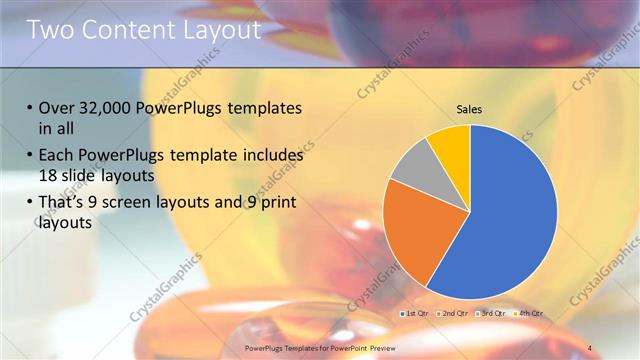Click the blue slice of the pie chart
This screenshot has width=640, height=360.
(x=510, y=215)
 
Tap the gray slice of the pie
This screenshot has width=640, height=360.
(x=412, y=167)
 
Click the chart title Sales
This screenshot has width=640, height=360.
(x=469, y=108)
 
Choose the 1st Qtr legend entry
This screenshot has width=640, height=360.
(x=416, y=313)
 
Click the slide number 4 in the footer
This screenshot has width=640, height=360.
(x=589, y=348)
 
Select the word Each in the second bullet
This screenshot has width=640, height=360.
(x=58, y=156)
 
